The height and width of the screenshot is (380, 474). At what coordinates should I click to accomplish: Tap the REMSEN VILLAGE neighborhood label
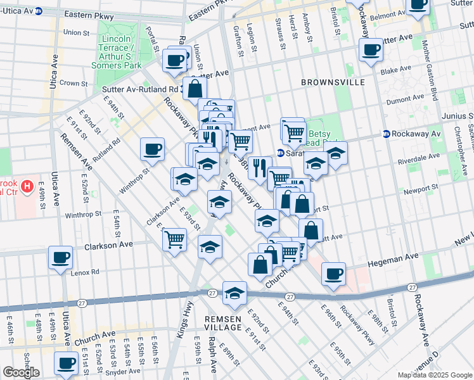click(x=223, y=323)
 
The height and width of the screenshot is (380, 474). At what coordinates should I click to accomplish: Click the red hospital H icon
click(x=27, y=186)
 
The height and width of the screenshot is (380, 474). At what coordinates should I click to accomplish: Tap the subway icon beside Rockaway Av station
click(x=386, y=134)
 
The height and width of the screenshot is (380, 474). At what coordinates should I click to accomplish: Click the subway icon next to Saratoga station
click(x=280, y=153)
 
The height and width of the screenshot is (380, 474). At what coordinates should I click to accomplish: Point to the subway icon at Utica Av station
click(x=39, y=11)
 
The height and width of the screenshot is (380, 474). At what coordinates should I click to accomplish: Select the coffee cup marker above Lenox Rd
click(x=61, y=258)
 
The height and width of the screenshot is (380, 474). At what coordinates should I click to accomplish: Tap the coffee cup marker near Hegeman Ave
click(x=333, y=274)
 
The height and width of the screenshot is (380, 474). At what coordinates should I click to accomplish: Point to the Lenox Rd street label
click(x=86, y=272)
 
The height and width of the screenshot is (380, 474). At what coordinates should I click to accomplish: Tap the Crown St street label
click(x=74, y=83)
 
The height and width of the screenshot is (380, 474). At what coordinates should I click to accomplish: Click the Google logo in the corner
click(x=21, y=372)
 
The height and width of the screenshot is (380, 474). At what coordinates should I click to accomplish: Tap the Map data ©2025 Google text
click(x=435, y=375)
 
